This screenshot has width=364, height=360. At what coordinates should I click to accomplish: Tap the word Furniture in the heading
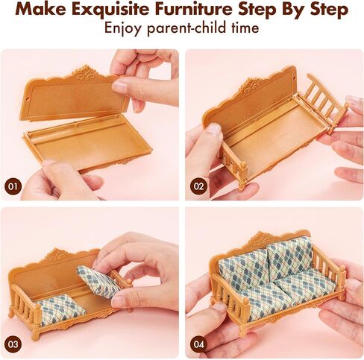(194, 9)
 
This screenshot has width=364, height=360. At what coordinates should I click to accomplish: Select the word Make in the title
(42, 10)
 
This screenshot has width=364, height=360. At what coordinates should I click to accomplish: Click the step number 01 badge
(13, 186)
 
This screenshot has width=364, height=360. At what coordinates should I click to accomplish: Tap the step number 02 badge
(198, 186)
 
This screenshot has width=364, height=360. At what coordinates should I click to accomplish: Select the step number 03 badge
(13, 344)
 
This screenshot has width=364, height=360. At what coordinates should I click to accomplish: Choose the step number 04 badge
(198, 344)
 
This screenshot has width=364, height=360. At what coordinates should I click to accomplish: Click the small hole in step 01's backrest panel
(28, 99)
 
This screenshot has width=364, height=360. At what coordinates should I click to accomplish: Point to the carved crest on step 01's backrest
(85, 72)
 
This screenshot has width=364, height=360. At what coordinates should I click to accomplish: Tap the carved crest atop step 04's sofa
(261, 238)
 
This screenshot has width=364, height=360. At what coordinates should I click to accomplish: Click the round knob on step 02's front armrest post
(244, 164)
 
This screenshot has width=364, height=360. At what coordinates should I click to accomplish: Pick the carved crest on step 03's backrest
(56, 256)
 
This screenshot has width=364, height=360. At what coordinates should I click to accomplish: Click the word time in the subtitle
(245, 28)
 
